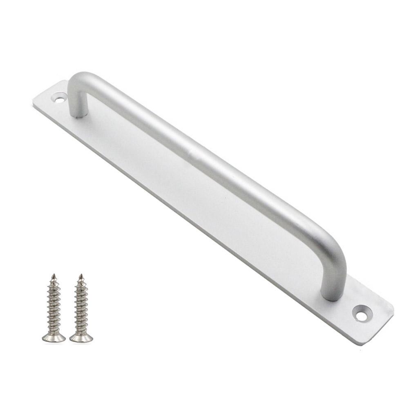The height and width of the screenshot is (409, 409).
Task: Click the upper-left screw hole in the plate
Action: [60, 98]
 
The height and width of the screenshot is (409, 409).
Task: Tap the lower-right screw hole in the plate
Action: [361, 315]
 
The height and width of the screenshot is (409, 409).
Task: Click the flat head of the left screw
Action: [54, 337]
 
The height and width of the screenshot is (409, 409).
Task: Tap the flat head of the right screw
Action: [81, 337]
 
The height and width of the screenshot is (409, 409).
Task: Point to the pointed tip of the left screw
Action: [53, 276]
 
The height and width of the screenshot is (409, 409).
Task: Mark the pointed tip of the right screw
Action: [81, 276]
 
